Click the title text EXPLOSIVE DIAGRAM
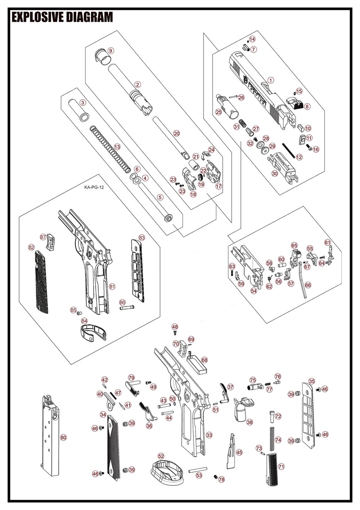pos(62,17)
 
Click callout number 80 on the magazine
pos(63,437)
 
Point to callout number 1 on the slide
pos(270,80)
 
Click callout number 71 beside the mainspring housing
pos(281,466)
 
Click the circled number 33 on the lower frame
pos(209,435)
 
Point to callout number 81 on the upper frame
pos(112,287)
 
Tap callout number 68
pos(204,360)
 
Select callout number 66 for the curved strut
pos(308,285)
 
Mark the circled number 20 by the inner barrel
pos(176,133)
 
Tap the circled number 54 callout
pos(254,290)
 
